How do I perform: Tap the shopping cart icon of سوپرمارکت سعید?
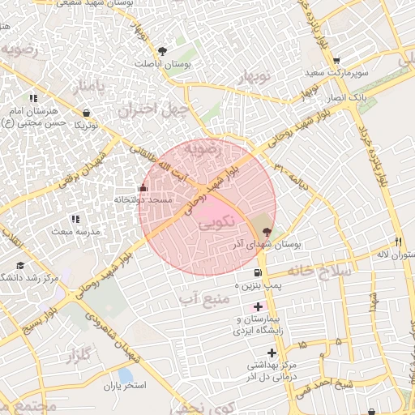(336, 61)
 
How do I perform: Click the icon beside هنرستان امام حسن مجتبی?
(33, 98)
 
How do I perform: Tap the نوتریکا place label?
(87, 126)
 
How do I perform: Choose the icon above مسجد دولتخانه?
(142, 188)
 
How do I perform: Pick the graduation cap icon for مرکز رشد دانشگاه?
(20, 265)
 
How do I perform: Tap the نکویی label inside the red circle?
(217, 220)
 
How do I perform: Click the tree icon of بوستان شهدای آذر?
(267, 232)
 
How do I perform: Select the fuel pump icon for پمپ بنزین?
(259, 273)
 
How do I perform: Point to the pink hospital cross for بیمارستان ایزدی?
(259, 307)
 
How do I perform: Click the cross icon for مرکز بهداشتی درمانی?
(272, 353)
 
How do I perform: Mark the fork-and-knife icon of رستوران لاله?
(398, 242)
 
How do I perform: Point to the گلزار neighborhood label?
(79, 355)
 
